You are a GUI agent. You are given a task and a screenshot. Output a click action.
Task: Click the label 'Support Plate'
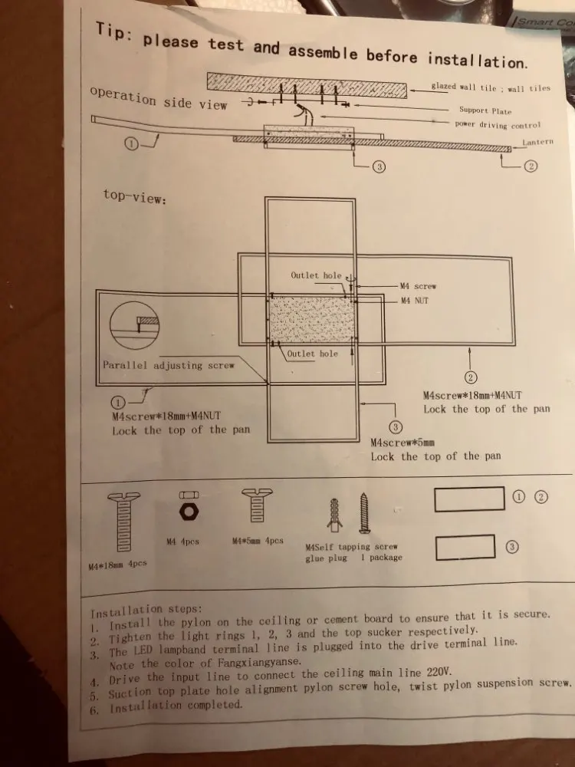pyautogui.click(x=485, y=110)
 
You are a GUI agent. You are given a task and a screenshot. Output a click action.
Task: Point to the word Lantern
pyautogui.click(x=537, y=143)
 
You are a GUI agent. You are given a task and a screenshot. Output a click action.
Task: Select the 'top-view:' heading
pyautogui.click(x=134, y=195)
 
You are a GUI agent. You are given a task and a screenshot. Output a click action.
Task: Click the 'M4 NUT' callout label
pyautogui.click(x=415, y=300)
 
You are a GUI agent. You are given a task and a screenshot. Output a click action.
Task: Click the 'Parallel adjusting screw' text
pyautogui.click(x=168, y=365)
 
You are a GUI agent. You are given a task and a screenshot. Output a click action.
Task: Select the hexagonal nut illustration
pyautogui.click(x=185, y=512)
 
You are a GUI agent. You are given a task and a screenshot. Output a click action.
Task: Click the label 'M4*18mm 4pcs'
pyautogui.click(x=117, y=565)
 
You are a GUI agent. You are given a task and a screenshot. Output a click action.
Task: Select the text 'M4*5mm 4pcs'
pyautogui.click(x=257, y=541)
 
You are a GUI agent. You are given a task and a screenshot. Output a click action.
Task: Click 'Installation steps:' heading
pyautogui.click(x=146, y=611)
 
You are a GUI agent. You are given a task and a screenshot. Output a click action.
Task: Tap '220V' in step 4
pyautogui.click(x=435, y=671)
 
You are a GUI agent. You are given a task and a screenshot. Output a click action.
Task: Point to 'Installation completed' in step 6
pyautogui.click(x=176, y=706)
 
